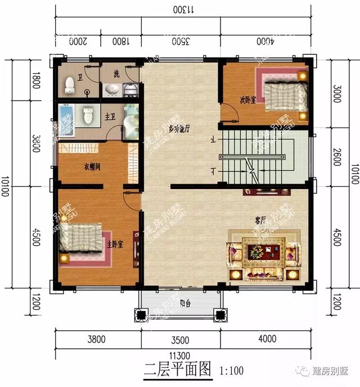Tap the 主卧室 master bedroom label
coord(115,245)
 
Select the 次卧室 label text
coord(248,100)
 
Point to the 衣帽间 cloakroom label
coord(92,166)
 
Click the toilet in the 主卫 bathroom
coord(88,116)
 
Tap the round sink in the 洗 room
coord(111,89)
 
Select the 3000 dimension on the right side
coord(336,95)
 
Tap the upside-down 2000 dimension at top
coord(78,41)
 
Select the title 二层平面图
coord(177,370)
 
